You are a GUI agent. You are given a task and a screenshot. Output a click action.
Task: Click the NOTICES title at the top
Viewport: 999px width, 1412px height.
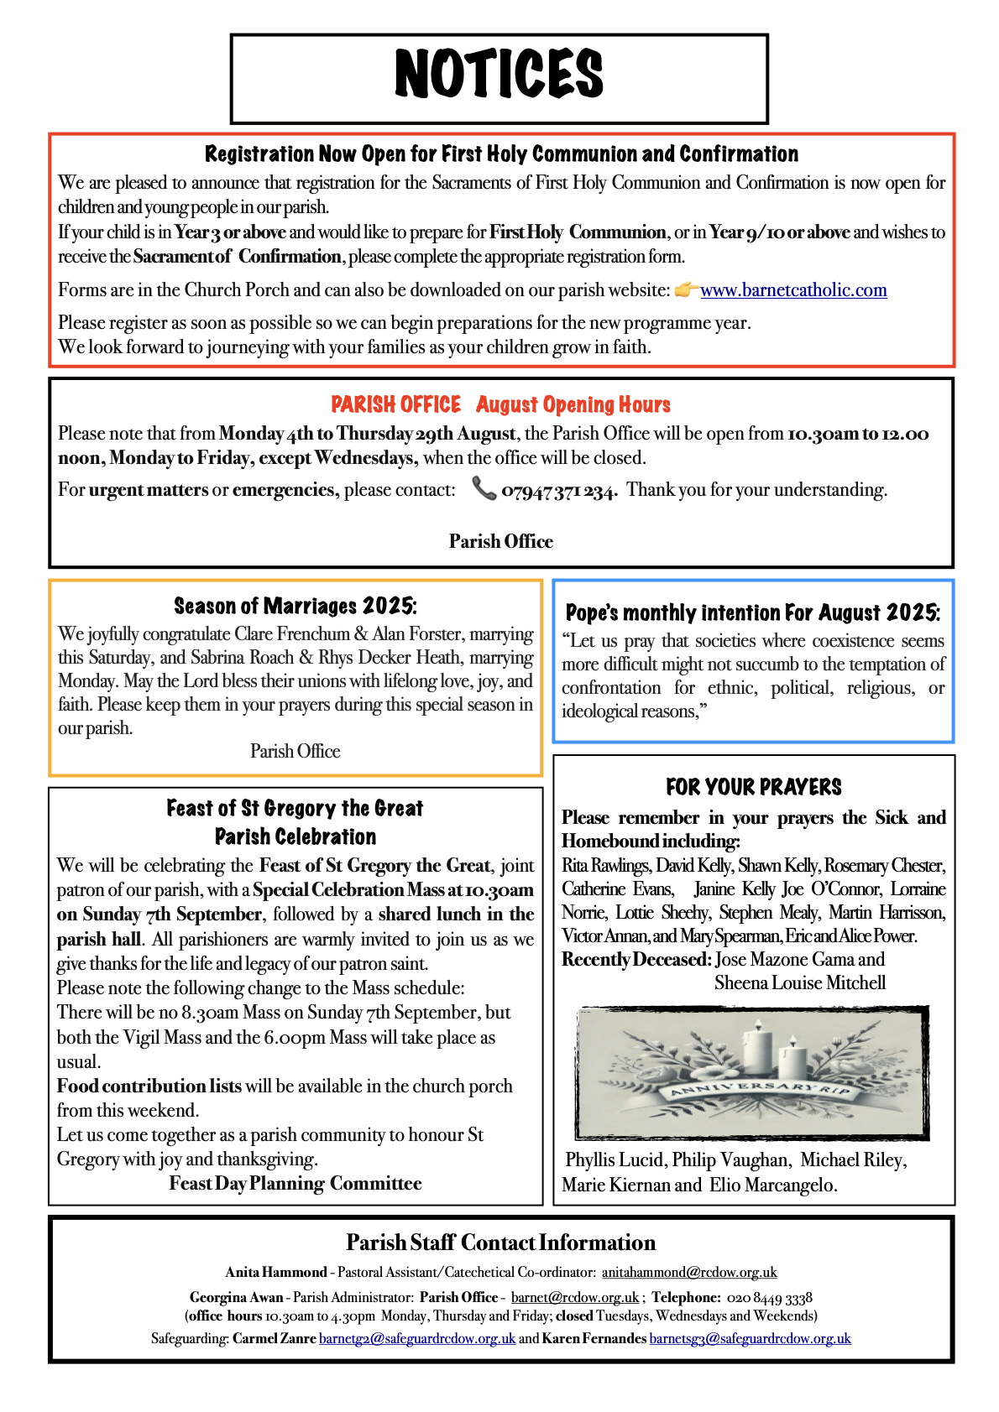point(499,75)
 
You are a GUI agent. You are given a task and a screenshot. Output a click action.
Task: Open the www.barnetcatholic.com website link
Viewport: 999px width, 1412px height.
point(793,290)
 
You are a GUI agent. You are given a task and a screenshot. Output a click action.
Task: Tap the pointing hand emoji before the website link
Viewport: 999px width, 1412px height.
point(686,289)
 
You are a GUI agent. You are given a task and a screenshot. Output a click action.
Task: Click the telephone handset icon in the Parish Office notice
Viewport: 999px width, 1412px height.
point(484,488)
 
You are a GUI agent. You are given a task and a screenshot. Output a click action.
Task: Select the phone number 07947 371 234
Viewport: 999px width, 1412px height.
point(559,491)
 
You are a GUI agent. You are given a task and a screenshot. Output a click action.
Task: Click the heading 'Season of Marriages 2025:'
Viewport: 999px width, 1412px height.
point(296,606)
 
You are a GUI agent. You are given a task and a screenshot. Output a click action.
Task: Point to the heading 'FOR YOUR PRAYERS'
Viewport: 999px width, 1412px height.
point(753,787)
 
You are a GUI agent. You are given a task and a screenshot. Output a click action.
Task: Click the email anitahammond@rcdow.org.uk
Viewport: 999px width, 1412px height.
point(689,1273)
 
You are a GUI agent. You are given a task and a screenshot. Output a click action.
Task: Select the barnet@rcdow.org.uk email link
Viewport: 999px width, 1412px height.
point(574,1298)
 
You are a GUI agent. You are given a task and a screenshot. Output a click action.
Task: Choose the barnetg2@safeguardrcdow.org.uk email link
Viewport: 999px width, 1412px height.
point(417,1338)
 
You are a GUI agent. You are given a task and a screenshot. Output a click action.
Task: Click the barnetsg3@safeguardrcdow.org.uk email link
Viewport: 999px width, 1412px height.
point(750,1338)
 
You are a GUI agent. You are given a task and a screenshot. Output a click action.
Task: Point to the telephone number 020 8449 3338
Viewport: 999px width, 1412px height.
point(769,1298)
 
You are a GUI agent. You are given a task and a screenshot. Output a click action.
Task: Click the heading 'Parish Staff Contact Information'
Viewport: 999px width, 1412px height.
point(500,1243)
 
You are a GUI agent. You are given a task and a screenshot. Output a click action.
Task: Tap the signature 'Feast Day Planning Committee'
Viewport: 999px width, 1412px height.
point(296,1184)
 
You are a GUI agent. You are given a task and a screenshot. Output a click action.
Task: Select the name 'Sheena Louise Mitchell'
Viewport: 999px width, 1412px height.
point(800,982)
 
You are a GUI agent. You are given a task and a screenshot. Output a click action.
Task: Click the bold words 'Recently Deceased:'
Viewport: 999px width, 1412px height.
point(636,959)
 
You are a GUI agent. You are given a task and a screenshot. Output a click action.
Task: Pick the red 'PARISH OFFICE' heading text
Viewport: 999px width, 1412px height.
point(395,405)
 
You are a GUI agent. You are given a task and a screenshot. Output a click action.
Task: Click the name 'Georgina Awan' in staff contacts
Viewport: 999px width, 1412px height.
point(236,1298)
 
